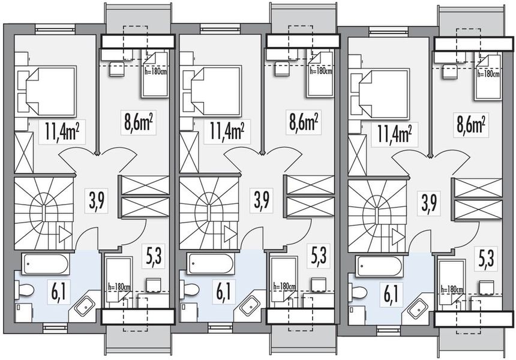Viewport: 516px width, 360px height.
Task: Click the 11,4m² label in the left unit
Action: [62, 131]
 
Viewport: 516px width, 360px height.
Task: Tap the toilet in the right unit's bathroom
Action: [358, 293]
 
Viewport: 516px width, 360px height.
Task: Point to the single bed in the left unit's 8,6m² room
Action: [155, 74]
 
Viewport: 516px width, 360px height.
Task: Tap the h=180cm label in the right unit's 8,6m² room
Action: [488, 74]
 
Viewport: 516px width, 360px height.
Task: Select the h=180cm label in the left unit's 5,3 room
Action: [118, 287]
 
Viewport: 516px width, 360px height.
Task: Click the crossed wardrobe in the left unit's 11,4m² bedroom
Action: [23, 153]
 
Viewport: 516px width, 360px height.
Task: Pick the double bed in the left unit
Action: [48, 90]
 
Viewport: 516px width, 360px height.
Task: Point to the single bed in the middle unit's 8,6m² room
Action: [320, 74]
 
